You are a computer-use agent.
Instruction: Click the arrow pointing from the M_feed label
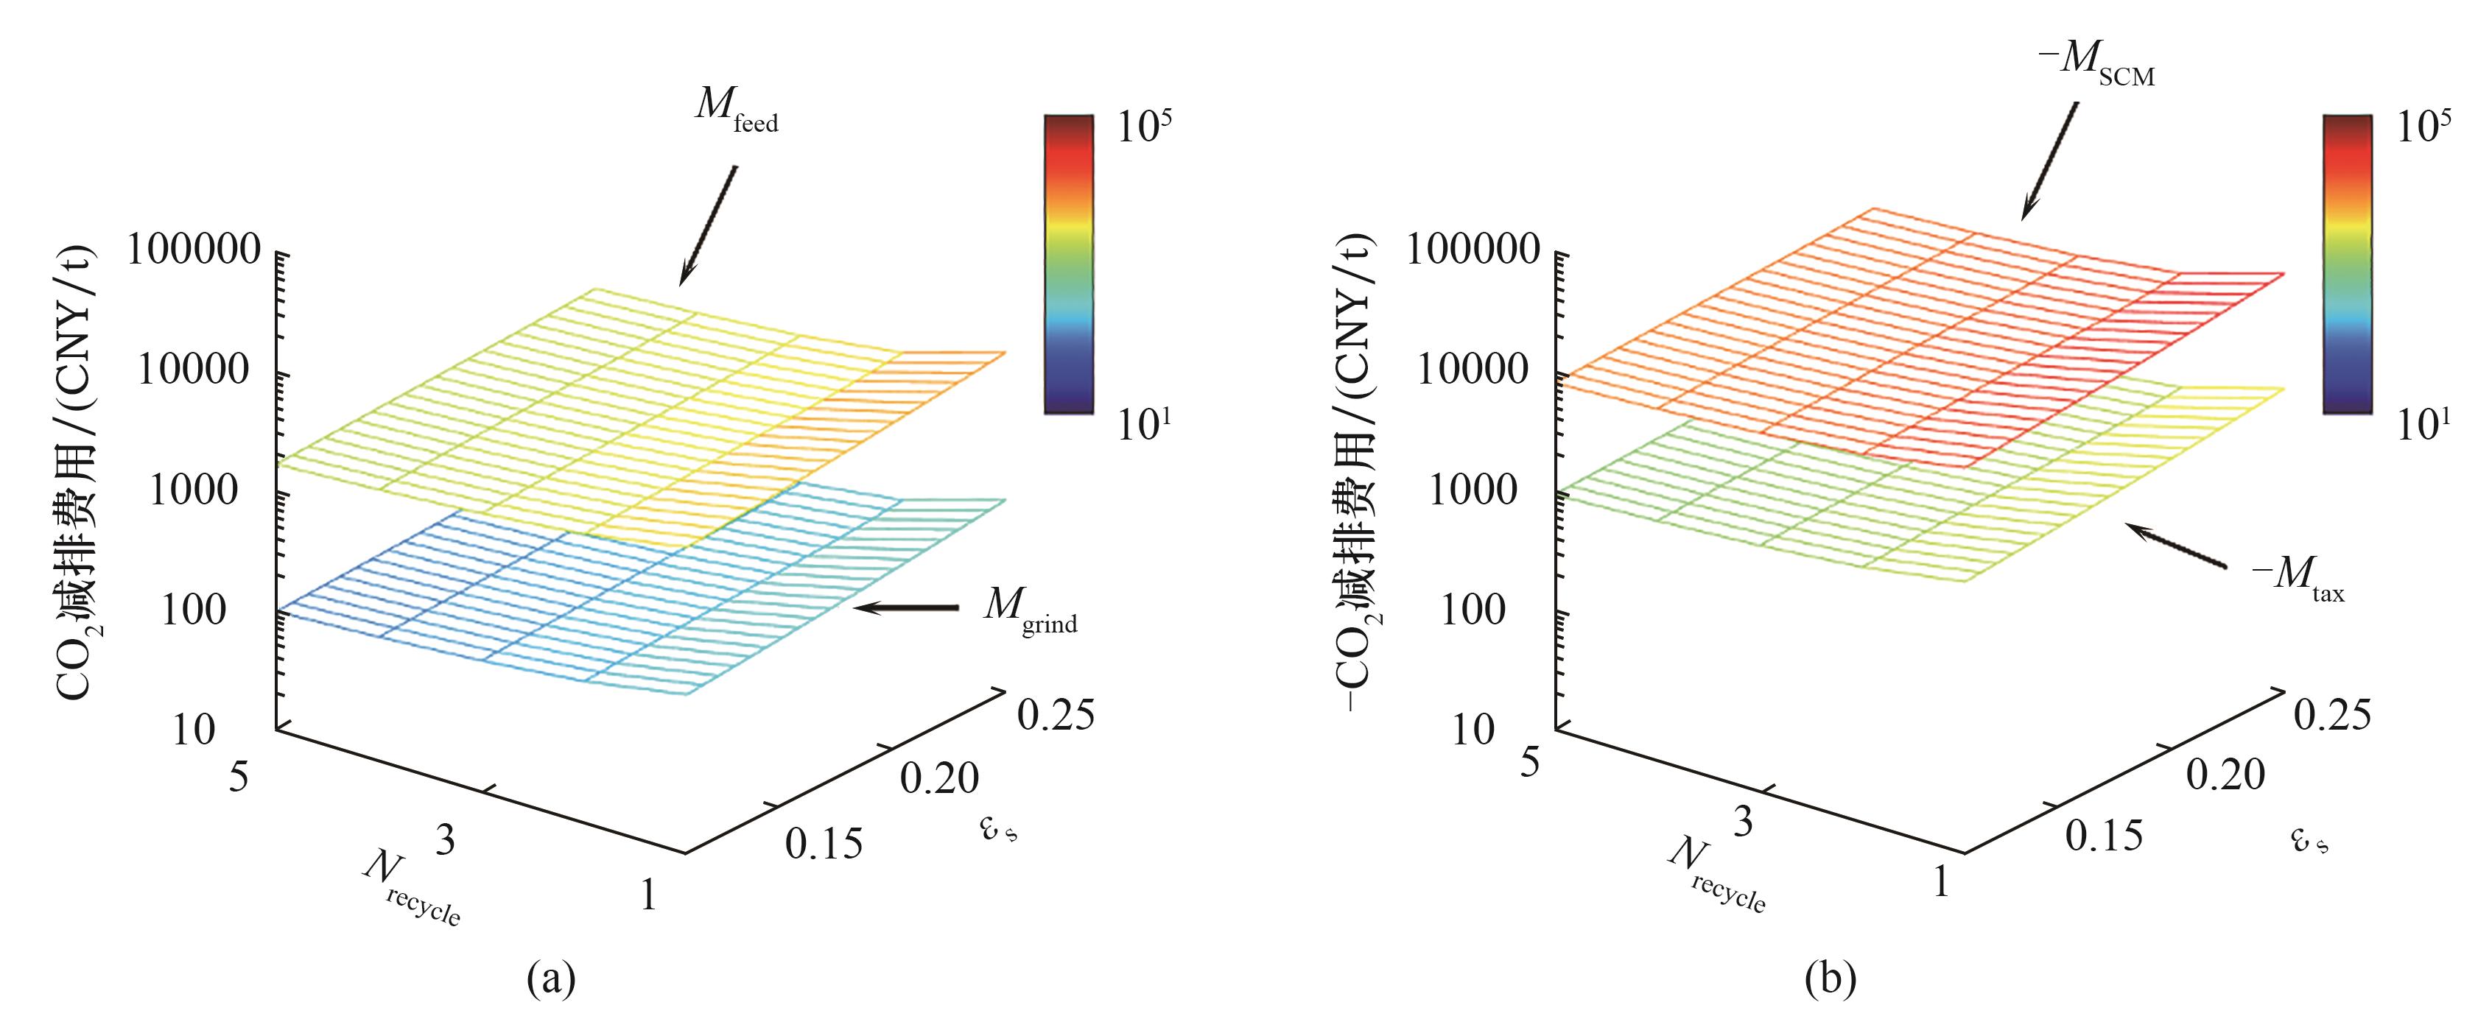coord(708,225)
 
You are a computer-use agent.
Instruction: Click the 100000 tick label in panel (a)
coord(194,250)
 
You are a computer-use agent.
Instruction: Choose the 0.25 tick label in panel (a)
coord(1056,716)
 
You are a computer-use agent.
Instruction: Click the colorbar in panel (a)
coord(1068,264)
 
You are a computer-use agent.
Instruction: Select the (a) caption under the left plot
coord(552,981)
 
